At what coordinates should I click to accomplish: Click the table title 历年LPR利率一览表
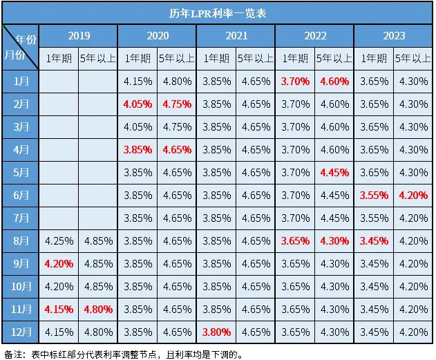point(218,12)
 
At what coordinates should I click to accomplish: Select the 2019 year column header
point(78,35)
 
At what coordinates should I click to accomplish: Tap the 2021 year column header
point(236,35)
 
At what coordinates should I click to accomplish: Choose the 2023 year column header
point(394,35)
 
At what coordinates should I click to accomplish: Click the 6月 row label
point(21,195)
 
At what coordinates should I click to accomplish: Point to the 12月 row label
point(21,332)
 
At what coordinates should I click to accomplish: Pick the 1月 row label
point(21,81)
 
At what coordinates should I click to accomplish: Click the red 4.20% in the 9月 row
point(59,263)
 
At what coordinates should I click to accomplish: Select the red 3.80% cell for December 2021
point(216,332)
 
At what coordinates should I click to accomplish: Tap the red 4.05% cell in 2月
point(138,104)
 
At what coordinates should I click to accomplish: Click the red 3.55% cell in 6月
point(374,195)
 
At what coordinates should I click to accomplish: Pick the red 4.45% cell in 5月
point(334,172)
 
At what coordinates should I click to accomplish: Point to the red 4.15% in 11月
point(59,309)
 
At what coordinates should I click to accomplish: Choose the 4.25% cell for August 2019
point(59,240)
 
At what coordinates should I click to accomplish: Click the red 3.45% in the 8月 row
point(374,240)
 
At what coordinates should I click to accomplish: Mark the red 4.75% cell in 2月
point(177,104)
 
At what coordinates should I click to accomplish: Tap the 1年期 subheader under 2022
point(295,59)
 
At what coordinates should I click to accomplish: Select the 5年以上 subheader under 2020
point(177,59)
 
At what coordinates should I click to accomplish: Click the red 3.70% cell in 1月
point(295,81)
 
